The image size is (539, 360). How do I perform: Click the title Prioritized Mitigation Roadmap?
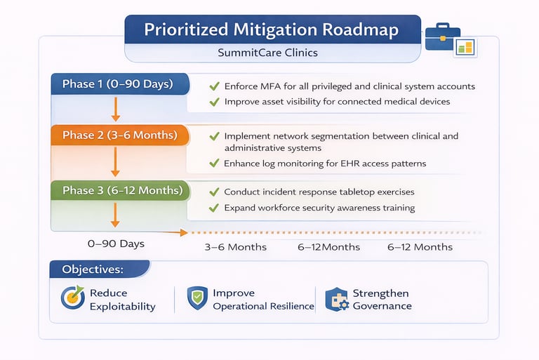pyautogui.click(x=271, y=29)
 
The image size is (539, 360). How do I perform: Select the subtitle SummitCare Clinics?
pyautogui.click(x=267, y=53)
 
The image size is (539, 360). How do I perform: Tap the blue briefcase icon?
pyautogui.click(x=442, y=36)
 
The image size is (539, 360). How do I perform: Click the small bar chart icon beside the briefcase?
pyautogui.click(x=465, y=48)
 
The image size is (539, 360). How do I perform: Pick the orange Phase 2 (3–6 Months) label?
pyautogui.click(x=120, y=135)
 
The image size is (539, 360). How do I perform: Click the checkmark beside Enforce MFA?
pyautogui.click(x=214, y=86)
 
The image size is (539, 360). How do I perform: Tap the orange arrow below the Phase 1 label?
pyautogui.click(x=116, y=109)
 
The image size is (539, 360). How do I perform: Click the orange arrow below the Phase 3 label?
pyautogui.click(x=115, y=215)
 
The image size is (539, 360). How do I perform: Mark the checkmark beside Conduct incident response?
pyautogui.click(x=214, y=192)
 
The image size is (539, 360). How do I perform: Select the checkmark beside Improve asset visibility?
pyautogui.click(x=214, y=102)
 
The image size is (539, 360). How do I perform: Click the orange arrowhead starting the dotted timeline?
pyautogui.click(x=184, y=233)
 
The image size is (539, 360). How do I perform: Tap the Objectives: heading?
pyautogui.click(x=93, y=269)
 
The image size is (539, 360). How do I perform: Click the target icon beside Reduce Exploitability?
pyautogui.click(x=73, y=298)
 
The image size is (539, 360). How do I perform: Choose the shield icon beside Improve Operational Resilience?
pyautogui.click(x=197, y=298)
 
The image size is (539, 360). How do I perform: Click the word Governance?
pyautogui.click(x=382, y=306)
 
